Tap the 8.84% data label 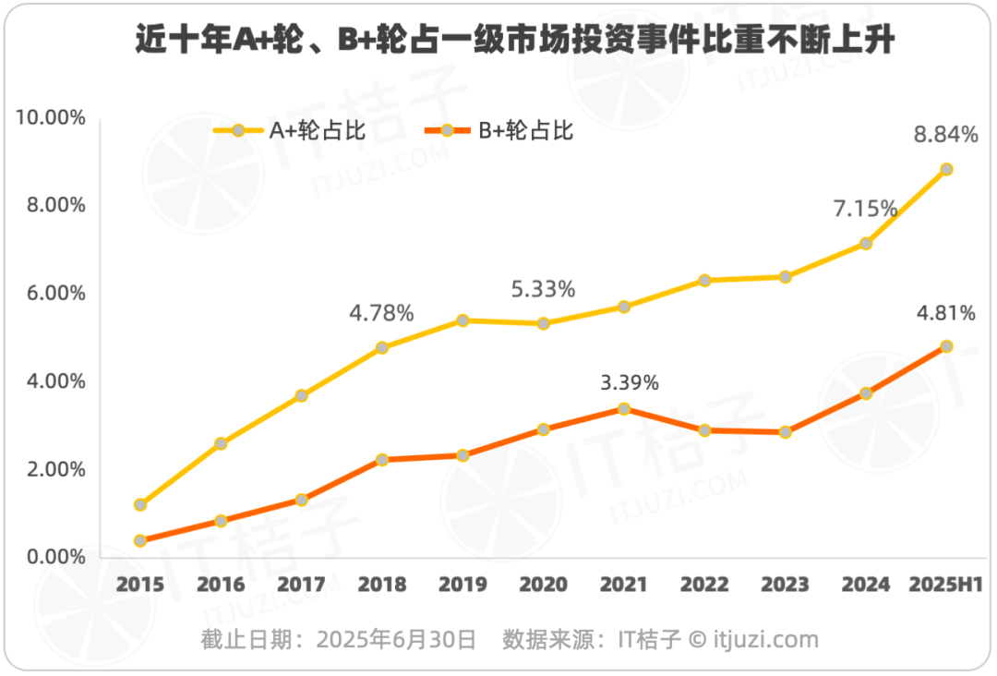click(x=945, y=135)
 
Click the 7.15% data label click(x=865, y=209)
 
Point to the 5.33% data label click(x=543, y=289)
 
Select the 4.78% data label click(x=381, y=313)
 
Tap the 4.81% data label click(x=944, y=313)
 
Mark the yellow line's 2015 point click(x=140, y=505)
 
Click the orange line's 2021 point click(x=624, y=408)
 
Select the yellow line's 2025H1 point click(x=946, y=169)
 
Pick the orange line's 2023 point click(x=786, y=432)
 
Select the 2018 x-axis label click(x=382, y=585)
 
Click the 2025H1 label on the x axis click(x=946, y=585)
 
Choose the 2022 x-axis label click(x=704, y=585)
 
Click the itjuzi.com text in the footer click(x=765, y=639)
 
